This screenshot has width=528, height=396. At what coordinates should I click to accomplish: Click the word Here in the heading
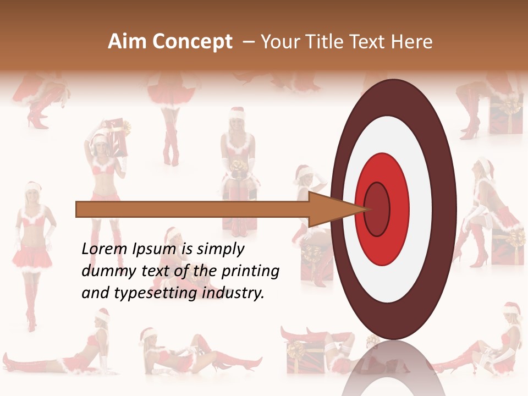click(412, 42)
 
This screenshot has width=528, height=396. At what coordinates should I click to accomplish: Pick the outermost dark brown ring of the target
click(443, 209)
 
